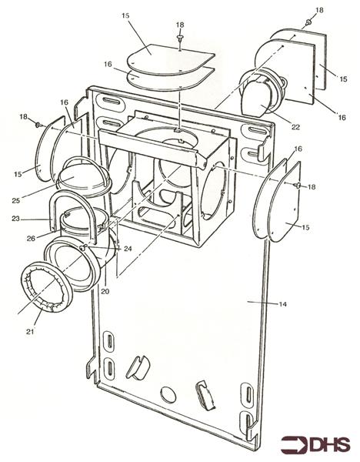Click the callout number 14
point(282,306)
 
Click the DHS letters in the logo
point(330,444)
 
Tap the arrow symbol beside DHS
point(294,444)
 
